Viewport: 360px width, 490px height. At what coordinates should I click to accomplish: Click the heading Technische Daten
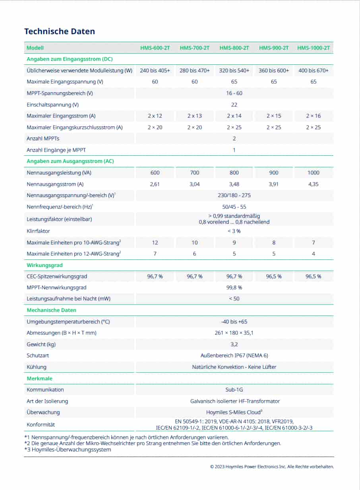60,31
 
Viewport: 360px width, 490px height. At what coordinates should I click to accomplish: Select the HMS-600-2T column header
155,48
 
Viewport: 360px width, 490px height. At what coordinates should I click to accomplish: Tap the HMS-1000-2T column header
314,48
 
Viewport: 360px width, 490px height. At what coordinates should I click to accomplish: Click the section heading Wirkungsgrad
45,265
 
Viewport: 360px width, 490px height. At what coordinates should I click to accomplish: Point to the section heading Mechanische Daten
51,310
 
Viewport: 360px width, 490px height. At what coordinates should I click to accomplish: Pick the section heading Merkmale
39,378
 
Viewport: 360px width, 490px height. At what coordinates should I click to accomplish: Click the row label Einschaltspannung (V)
52,105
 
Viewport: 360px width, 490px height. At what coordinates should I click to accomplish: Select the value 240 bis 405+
155,70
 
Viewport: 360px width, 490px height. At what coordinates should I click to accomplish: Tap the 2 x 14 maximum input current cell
234,116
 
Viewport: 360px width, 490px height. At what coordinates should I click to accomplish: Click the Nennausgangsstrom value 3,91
274,184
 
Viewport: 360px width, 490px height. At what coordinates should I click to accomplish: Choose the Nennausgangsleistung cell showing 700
194,173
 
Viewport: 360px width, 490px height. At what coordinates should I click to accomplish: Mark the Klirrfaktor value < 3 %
234,231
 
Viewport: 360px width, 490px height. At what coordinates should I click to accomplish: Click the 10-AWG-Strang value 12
155,242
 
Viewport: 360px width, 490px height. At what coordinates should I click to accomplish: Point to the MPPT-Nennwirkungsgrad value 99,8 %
234,287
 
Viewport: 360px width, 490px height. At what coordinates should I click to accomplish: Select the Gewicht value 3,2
234,344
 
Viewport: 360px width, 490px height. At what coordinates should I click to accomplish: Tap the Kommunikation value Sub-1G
234,390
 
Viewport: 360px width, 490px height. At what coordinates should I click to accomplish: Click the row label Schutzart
38,356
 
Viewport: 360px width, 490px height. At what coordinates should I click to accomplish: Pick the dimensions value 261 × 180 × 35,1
234,333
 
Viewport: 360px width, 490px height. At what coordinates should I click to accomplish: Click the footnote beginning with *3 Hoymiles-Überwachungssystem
68,450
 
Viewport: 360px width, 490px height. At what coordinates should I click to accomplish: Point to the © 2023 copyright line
272,467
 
